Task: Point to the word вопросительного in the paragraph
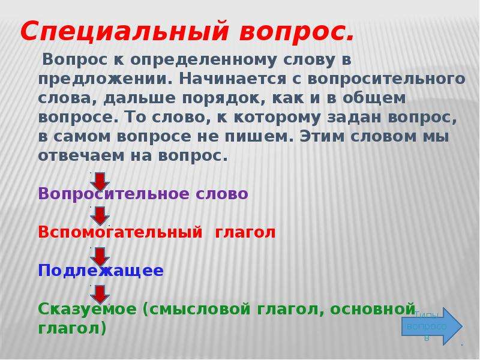point(386,80)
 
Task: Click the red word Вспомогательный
point(120,232)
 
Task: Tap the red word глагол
point(245,232)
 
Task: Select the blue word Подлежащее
point(101,271)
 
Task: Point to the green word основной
point(373,308)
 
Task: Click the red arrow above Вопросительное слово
point(100,182)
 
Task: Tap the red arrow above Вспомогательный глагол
point(100,216)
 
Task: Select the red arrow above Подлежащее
point(100,257)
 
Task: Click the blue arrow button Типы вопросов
point(431,326)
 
